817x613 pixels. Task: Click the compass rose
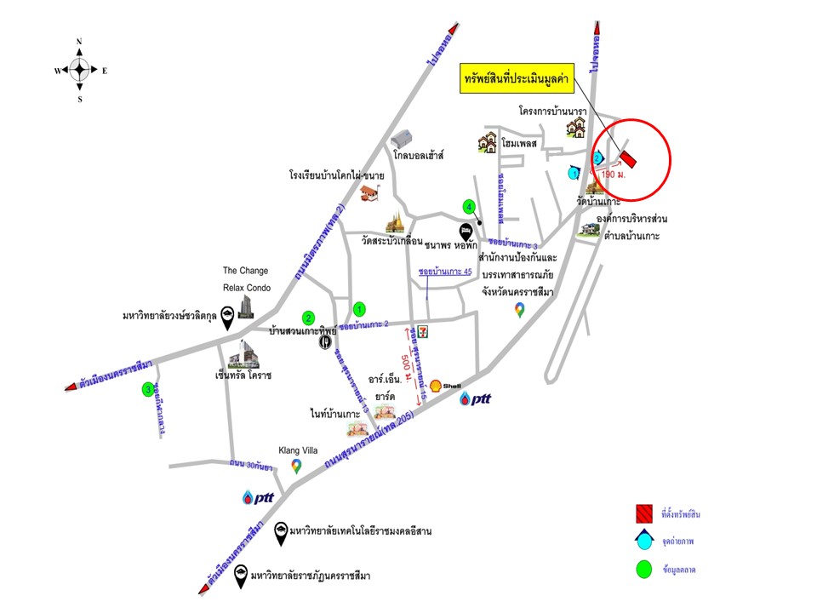79,70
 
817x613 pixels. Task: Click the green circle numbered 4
468,207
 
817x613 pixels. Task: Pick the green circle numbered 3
148,390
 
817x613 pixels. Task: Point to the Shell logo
437,386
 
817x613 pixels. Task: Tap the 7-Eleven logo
412,332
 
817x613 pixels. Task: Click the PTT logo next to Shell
476,398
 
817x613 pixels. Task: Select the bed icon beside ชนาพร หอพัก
466,231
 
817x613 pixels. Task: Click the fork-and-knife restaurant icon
325,342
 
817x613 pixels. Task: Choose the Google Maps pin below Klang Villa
296,467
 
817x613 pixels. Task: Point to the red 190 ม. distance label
613,175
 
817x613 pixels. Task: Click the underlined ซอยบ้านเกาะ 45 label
445,271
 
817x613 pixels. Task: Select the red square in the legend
643,513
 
